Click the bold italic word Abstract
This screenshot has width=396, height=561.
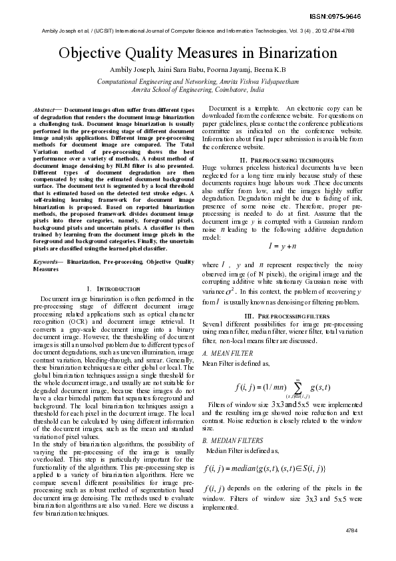45,108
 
